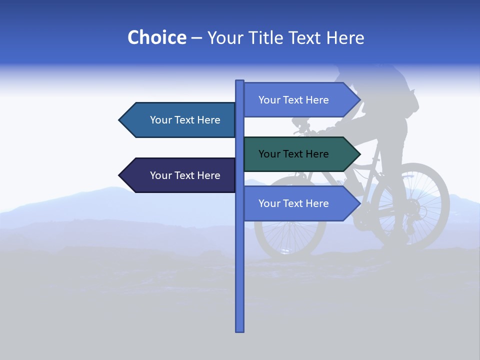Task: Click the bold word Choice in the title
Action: (x=156, y=37)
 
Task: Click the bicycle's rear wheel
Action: (x=410, y=205)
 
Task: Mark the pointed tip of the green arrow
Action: (x=359, y=154)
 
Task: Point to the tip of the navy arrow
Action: (x=120, y=175)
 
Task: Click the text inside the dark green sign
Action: (x=293, y=154)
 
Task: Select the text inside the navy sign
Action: (x=185, y=175)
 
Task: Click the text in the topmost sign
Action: (x=293, y=100)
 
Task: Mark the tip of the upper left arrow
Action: (x=120, y=120)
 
